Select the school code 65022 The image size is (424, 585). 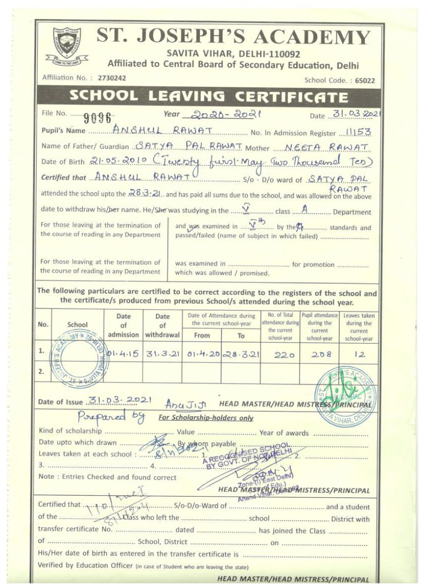pos(365,81)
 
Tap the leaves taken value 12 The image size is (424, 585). pos(360,355)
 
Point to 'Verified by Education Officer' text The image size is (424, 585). pos(85,565)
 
